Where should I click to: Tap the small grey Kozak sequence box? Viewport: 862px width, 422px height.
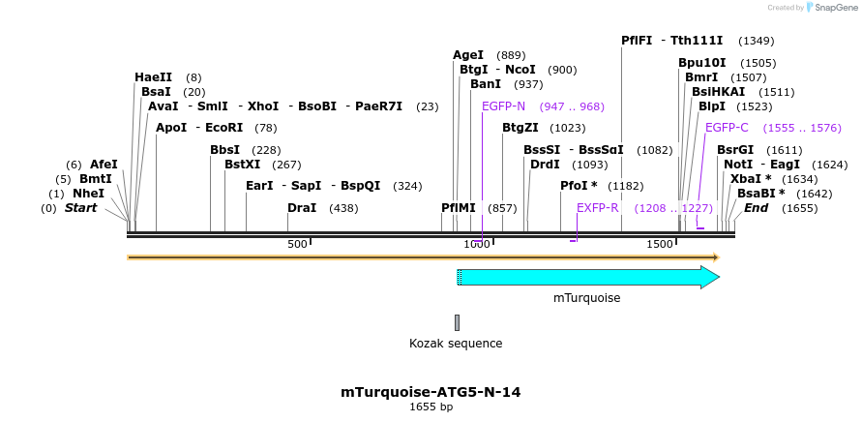pos(458,322)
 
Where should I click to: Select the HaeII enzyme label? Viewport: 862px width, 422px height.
pos(153,77)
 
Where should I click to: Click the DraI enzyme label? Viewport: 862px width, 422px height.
pos(302,208)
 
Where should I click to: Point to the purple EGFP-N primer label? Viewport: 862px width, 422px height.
pos(503,106)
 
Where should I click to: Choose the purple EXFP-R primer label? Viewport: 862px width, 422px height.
pos(598,208)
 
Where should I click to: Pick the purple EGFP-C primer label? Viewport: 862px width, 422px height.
pos(727,128)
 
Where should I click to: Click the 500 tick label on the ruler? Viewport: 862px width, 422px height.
pos(297,244)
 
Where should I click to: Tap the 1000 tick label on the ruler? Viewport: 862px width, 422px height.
pos(477,244)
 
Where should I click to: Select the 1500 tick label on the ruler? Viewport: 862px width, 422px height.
pos(660,244)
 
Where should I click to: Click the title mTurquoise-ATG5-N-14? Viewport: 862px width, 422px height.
pos(431,392)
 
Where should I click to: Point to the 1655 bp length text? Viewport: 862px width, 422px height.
pos(431,407)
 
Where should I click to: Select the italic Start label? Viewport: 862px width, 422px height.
pos(80,208)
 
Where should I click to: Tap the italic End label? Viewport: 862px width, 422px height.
pos(756,208)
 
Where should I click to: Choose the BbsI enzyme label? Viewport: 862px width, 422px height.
pos(224,150)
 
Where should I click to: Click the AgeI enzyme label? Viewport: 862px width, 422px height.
pos(468,55)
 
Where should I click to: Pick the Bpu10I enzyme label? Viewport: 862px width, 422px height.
pos(701,63)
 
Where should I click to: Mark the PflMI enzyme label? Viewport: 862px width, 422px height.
pos(459,208)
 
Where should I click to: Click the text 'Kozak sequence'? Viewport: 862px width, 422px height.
pos(456,343)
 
